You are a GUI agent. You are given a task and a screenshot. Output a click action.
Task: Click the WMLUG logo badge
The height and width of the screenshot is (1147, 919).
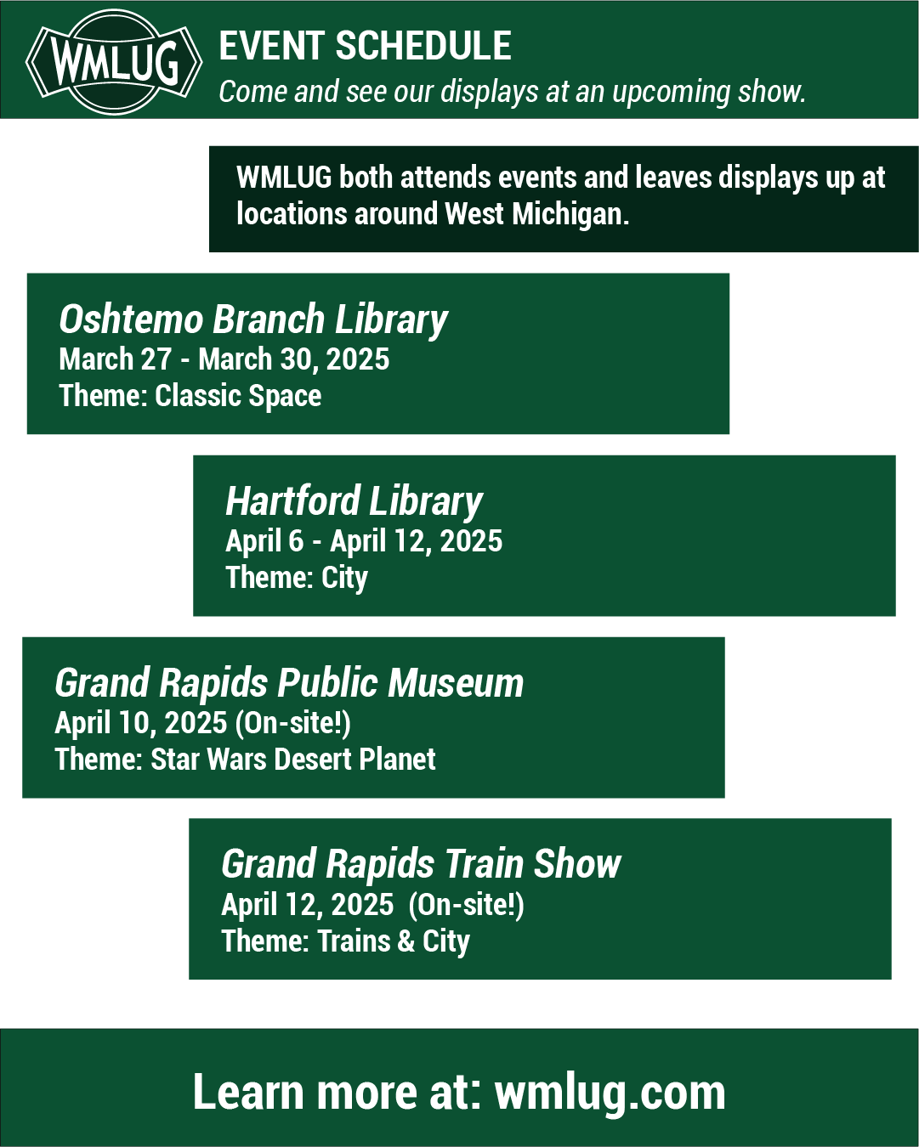(x=114, y=62)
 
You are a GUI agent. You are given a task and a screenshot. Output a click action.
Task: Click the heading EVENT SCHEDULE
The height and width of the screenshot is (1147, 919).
(x=365, y=46)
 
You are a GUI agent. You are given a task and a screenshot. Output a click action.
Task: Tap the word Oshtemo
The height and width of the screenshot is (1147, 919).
(x=131, y=319)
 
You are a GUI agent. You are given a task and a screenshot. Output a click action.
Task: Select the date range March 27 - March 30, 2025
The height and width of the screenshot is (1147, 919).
(x=224, y=359)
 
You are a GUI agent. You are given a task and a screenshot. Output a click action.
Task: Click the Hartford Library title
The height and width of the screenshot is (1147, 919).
(x=354, y=501)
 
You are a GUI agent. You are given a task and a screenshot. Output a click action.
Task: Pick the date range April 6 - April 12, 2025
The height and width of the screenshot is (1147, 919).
(x=364, y=541)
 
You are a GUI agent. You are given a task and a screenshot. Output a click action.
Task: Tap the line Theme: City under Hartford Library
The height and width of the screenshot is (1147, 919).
(x=297, y=578)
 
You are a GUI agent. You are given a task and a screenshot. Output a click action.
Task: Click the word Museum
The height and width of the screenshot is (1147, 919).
(x=456, y=683)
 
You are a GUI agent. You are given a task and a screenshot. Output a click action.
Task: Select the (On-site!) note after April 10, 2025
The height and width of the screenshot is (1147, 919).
(x=292, y=723)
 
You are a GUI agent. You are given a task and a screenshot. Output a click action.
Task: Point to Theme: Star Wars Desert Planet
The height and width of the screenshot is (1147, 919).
(x=245, y=759)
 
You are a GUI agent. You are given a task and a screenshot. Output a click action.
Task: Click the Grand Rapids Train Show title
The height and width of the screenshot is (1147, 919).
(x=421, y=864)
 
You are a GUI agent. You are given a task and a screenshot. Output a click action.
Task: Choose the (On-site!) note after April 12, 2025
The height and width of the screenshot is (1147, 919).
(x=466, y=905)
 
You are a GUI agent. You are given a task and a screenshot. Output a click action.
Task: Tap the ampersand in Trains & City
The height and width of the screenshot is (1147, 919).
(x=406, y=941)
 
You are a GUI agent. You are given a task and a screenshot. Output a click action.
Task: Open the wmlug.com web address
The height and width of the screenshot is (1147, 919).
(x=610, y=1093)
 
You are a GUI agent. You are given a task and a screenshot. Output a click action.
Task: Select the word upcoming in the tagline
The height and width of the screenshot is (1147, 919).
(x=671, y=93)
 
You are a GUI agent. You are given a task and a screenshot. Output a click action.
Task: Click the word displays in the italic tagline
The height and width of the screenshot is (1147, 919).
(x=489, y=93)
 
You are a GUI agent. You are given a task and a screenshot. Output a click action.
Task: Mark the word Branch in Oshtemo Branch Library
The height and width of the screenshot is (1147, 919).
(x=269, y=319)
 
